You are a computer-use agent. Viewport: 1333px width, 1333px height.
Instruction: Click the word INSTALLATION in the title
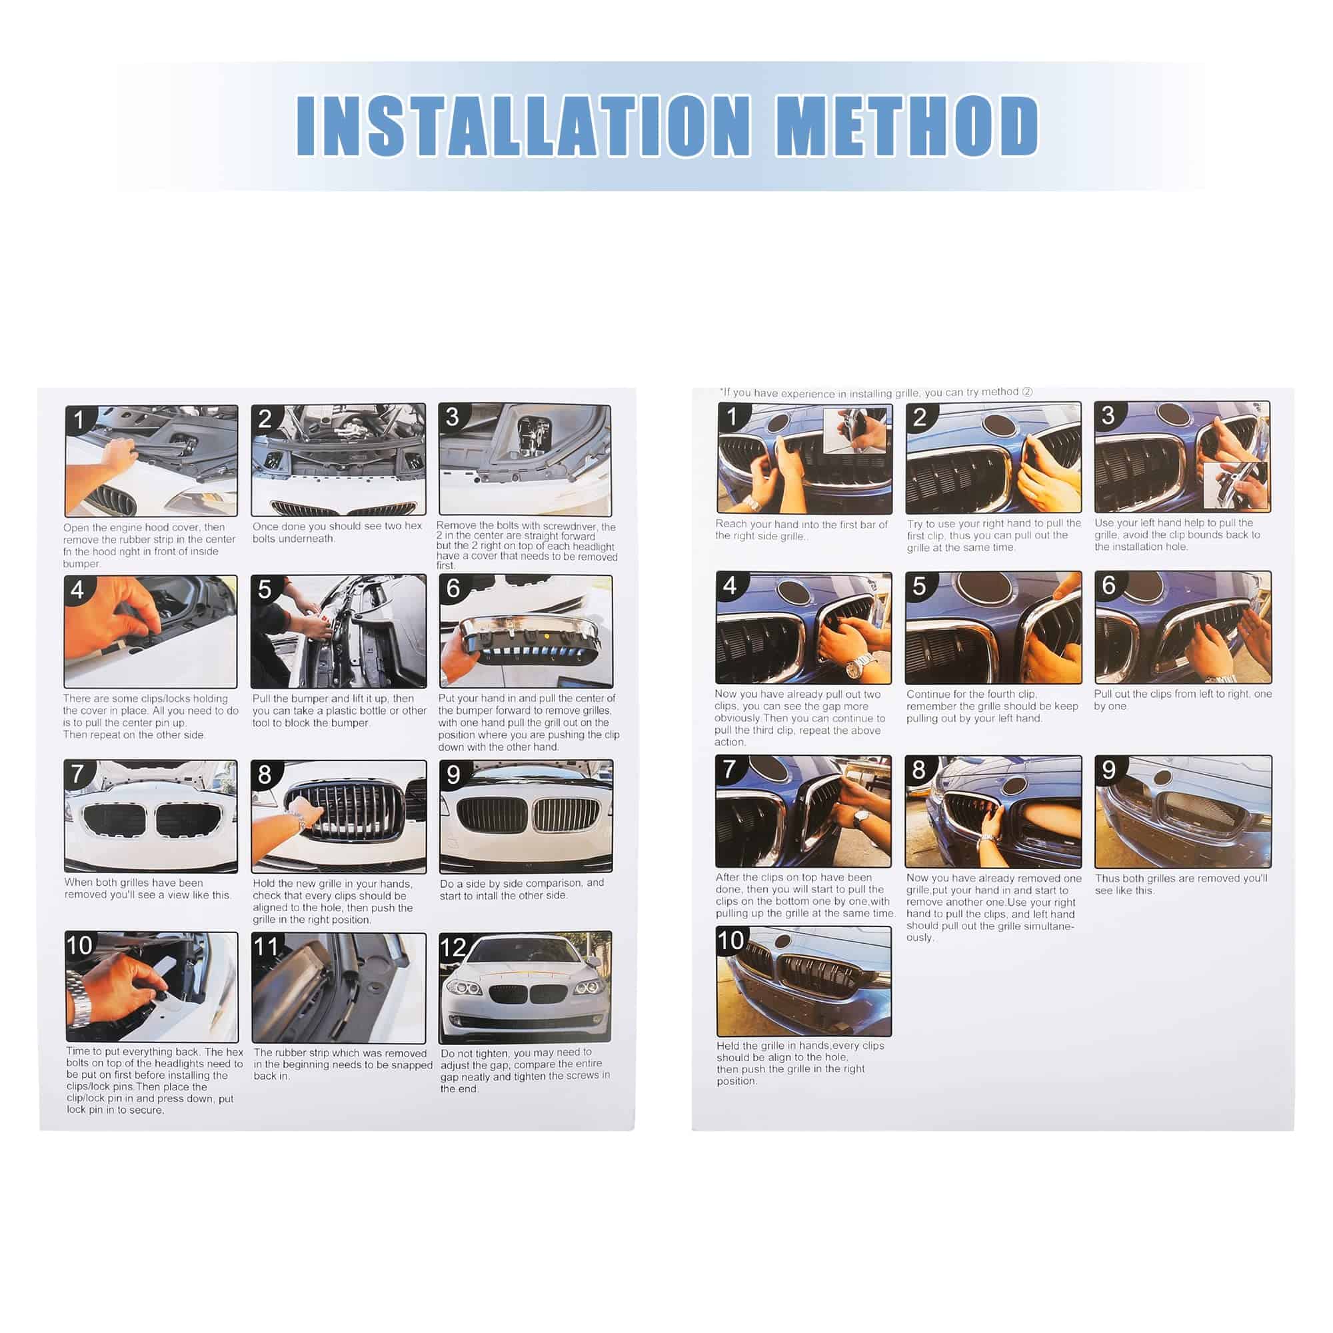524,125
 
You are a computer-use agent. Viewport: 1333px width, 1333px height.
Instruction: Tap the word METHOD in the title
907,125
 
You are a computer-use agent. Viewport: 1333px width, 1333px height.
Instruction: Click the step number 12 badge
453,948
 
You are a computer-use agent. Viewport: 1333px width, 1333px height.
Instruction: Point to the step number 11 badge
267,946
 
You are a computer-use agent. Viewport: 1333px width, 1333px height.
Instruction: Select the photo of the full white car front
525,987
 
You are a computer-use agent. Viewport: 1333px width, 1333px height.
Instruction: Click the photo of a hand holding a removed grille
525,631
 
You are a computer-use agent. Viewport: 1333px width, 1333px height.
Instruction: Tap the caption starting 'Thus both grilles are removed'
1180,884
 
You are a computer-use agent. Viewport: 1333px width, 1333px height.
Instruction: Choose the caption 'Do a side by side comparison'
523,888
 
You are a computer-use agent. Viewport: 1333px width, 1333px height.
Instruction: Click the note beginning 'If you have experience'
876,393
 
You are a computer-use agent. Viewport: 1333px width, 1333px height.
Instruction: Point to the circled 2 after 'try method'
1027,392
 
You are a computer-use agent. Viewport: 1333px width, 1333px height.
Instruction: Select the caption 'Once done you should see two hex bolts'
337,532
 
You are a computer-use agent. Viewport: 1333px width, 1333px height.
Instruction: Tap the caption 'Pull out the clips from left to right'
1182,700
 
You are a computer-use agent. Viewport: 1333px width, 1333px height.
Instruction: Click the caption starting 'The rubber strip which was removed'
343,1064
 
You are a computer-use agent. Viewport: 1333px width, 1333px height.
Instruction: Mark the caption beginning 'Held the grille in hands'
800,1062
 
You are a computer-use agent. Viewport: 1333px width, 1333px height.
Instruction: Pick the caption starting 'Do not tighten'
525,1070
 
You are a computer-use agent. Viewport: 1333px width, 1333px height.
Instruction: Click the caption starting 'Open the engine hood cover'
149,545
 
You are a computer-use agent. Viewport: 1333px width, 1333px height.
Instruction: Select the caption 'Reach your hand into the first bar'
801,530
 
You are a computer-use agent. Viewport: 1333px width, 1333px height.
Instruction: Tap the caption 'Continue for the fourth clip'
992,706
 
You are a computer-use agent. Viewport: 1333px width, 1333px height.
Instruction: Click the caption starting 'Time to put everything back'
155,1080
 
